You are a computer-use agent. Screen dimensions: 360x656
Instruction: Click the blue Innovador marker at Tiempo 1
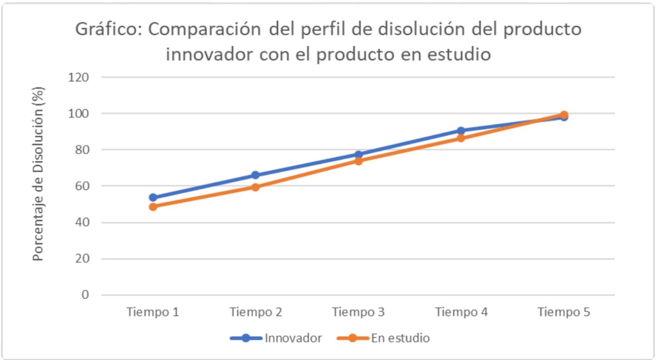click(153, 197)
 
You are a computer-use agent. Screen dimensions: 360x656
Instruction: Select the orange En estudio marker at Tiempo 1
click(153, 207)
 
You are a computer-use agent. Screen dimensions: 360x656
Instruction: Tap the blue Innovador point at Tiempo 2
click(255, 175)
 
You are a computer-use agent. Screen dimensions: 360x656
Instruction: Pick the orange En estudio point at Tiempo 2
click(255, 187)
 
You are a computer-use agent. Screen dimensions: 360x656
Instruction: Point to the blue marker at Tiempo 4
click(461, 131)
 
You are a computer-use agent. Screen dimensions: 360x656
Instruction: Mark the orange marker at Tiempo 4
click(461, 138)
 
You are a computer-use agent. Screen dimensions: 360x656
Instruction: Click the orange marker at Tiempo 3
click(358, 161)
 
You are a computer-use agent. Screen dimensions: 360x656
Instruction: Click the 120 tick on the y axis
click(78, 78)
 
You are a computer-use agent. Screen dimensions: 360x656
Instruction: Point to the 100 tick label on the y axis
click(78, 114)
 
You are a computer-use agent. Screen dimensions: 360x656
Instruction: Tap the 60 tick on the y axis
click(82, 186)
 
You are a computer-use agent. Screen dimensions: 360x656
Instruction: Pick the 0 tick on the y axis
click(85, 295)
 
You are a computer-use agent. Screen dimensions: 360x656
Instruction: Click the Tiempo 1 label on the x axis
click(153, 312)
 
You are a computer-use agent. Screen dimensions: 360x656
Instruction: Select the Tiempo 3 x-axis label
click(358, 312)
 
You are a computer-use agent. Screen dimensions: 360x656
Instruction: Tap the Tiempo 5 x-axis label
click(563, 312)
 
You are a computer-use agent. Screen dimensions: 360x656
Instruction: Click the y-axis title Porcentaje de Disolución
click(38, 174)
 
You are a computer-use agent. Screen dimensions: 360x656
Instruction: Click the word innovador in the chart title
click(209, 55)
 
